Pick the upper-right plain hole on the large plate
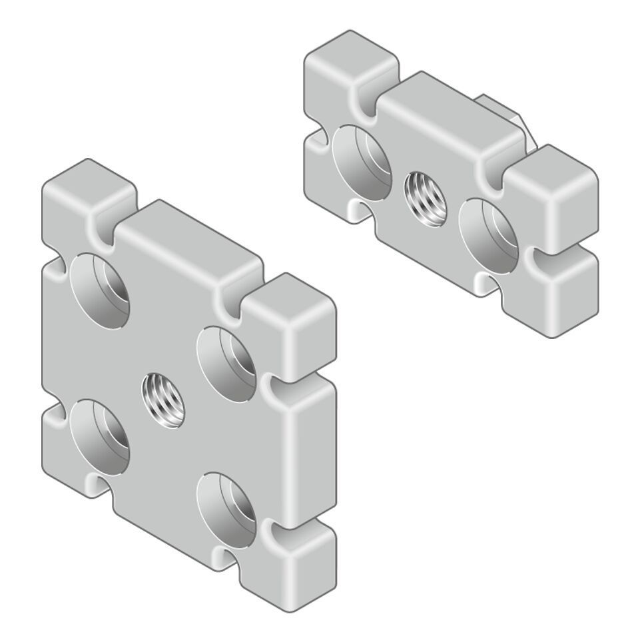pyautogui.click(x=227, y=365)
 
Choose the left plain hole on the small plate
pyautogui.click(x=362, y=162)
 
